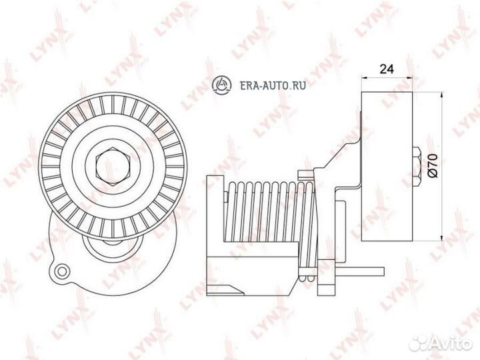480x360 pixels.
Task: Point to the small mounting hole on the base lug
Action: (x=63, y=271)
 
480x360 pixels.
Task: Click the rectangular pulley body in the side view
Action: (x=387, y=167)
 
